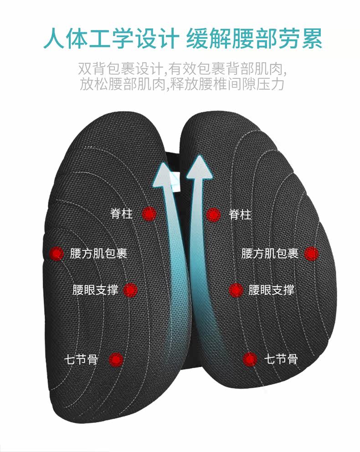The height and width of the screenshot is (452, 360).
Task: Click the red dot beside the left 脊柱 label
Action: pyautogui.click(x=149, y=214)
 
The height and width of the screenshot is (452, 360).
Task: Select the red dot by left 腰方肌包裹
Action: pyautogui.click(x=57, y=254)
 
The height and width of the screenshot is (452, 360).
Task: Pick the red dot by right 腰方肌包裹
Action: pyautogui.click(x=311, y=254)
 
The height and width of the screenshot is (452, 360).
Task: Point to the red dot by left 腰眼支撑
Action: pyautogui.click(x=130, y=290)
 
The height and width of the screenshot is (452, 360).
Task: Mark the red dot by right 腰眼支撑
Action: pyautogui.click(x=236, y=290)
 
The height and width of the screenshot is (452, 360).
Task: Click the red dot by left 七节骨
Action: pyautogui.click(x=117, y=360)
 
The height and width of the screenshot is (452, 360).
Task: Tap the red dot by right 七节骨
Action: pyautogui.click(x=250, y=360)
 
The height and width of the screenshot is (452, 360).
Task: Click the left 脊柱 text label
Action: pyautogui.click(x=122, y=213)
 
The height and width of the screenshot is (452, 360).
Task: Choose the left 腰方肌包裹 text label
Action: pyautogui.click(x=98, y=254)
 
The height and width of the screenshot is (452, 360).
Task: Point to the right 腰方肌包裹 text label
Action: pyautogui.click(x=270, y=254)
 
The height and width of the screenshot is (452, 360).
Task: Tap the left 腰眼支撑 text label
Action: pyautogui.click(x=95, y=290)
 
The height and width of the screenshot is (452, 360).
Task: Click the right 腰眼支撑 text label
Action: pyautogui.click(x=271, y=290)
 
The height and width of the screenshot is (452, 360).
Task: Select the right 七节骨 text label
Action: pyautogui.click(x=281, y=360)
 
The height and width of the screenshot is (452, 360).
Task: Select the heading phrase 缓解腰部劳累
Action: pyautogui.click(x=254, y=40)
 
